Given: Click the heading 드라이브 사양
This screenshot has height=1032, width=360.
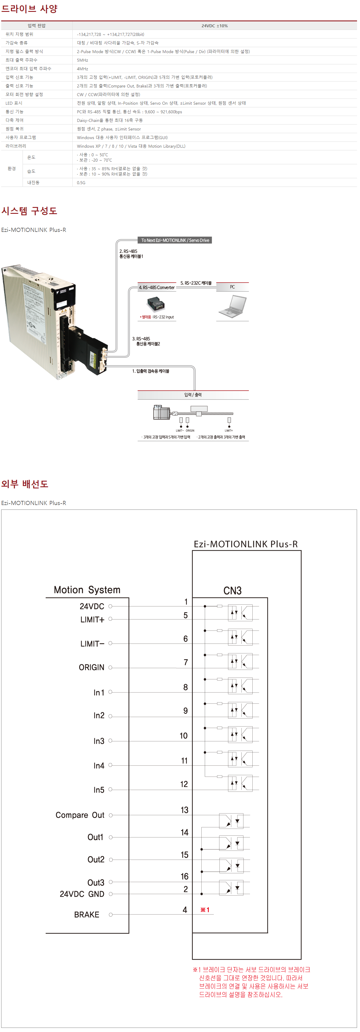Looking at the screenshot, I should (x=29, y=9).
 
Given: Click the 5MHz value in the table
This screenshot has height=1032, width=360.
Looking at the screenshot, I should (x=82, y=60).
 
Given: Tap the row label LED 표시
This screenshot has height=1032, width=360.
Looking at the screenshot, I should (x=14, y=103).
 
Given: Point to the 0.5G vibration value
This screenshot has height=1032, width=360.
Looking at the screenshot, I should (x=81, y=183).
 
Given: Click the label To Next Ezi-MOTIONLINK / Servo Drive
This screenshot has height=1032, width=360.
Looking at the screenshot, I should (x=175, y=241).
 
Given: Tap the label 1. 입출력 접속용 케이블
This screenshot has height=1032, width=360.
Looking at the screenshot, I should (x=151, y=371).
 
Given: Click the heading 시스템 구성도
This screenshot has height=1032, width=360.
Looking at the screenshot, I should (x=29, y=211).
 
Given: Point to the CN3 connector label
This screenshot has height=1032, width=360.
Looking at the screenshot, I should (x=232, y=590).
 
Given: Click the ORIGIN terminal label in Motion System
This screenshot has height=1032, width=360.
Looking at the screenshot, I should (x=91, y=668).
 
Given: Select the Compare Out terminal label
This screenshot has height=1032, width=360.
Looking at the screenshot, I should (x=80, y=815).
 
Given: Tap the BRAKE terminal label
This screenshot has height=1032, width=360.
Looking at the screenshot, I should (x=87, y=915).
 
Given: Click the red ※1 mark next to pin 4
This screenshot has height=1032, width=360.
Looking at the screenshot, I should (x=205, y=910).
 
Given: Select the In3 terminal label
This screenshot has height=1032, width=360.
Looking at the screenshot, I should (x=99, y=741).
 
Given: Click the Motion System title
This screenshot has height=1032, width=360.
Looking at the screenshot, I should (x=87, y=590).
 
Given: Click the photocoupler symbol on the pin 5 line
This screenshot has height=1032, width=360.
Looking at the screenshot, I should (x=240, y=613).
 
